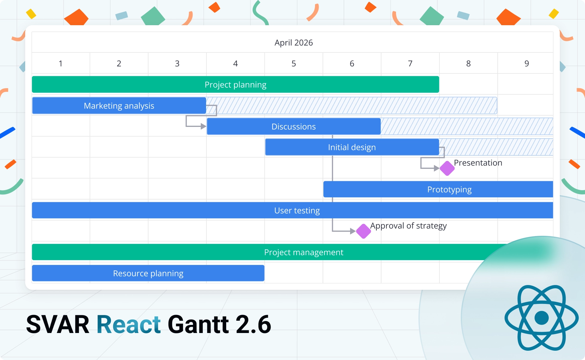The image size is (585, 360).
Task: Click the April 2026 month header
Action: pos(293,43)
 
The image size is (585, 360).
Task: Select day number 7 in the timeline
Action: pos(410,64)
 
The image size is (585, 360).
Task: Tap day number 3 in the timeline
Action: pos(177,64)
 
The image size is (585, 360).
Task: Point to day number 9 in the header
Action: pos(526,64)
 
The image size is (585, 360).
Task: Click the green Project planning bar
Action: pos(235,85)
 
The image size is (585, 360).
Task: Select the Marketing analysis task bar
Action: pos(119,106)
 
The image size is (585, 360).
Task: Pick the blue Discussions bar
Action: pos(293,127)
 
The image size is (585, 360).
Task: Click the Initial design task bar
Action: pos(352,147)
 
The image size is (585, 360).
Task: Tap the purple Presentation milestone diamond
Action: pos(447,168)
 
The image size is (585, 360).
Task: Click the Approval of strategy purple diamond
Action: pos(363,231)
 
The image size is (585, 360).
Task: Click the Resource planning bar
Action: pos(148,273)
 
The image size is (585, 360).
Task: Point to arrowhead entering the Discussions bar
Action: pos(203,127)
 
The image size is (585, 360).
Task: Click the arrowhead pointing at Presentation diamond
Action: pos(437,168)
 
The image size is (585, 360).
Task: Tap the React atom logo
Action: pos(541,318)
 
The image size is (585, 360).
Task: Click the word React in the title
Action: pos(128,325)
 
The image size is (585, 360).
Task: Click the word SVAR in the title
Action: pos(58,325)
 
